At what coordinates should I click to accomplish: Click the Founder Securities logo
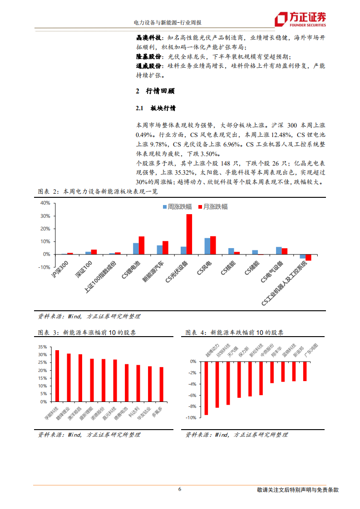click(x=301, y=19)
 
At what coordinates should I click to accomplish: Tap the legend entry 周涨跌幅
click(x=173, y=207)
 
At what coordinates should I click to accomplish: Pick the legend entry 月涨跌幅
click(x=213, y=207)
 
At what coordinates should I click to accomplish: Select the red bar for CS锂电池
click(x=142, y=245)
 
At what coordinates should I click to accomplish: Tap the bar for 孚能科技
click(x=57, y=376)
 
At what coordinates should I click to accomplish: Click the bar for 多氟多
click(x=161, y=384)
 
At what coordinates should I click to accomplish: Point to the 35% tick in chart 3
click(x=43, y=347)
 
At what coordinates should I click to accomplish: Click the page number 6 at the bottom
click(x=180, y=489)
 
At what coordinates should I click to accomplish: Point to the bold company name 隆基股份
click(x=149, y=57)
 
